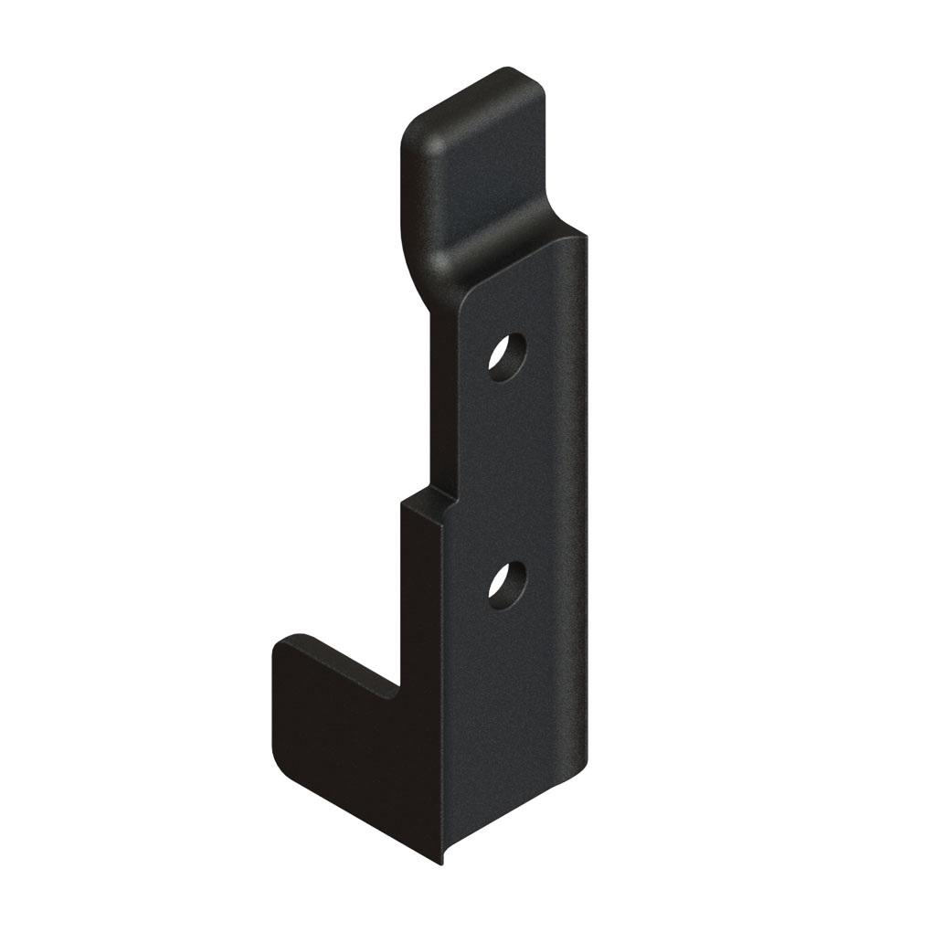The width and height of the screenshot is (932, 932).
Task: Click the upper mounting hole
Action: (x=507, y=355)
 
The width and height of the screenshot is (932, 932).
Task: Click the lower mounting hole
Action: (x=507, y=584)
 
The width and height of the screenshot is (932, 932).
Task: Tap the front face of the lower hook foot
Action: (x=338, y=731)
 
